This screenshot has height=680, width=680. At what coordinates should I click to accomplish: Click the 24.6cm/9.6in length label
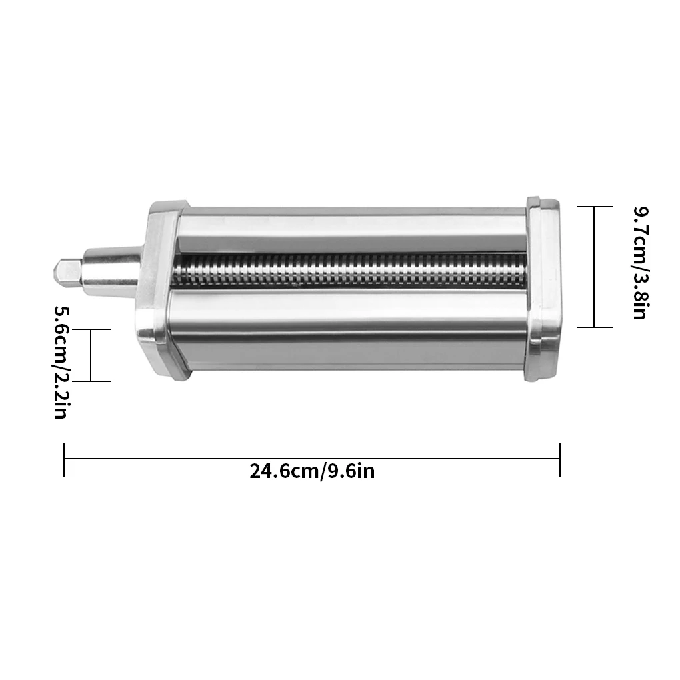point(312,471)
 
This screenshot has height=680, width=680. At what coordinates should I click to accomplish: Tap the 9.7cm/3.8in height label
point(639,263)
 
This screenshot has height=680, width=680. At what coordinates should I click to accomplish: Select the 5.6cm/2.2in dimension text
point(61,362)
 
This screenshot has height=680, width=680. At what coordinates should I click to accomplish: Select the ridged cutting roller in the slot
point(347,273)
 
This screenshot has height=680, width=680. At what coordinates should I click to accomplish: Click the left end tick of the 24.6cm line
point(64,460)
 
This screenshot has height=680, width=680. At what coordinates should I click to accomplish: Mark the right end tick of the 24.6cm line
point(560,460)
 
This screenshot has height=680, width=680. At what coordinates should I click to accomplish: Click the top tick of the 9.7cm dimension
point(594,207)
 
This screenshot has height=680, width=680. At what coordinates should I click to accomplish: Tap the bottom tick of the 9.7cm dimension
point(594,327)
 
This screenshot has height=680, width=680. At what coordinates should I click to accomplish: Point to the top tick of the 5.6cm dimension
point(91,329)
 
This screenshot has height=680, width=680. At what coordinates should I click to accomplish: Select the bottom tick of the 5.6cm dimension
point(91,381)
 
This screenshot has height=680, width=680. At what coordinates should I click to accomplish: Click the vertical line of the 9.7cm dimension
point(594,267)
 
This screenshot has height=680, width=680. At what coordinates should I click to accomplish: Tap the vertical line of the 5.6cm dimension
point(91,355)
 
